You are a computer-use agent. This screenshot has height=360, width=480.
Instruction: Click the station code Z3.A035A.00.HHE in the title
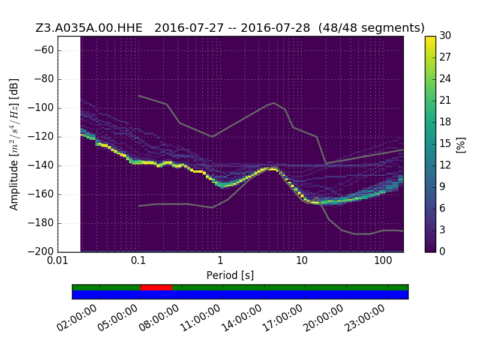[x=89, y=28]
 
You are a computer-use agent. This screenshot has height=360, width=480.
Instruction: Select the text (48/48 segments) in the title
[x=371, y=28]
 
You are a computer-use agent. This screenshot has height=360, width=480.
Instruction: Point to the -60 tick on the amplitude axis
[x=44, y=50]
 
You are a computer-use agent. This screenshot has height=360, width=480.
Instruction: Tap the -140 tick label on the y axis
[x=41, y=166]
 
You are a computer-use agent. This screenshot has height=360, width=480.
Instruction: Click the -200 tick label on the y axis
[x=41, y=251]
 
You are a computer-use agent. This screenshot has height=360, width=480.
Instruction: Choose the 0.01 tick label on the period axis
[x=58, y=260]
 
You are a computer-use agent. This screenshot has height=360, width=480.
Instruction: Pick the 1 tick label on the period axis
[x=220, y=260]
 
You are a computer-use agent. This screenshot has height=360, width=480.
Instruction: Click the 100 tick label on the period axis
[x=383, y=260]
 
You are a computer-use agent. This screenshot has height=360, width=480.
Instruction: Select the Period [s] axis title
[x=230, y=275]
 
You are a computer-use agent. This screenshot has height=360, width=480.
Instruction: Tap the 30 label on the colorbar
[x=445, y=35]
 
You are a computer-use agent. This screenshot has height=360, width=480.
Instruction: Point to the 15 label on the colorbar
[x=445, y=143]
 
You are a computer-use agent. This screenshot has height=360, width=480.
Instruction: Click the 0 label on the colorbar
[x=442, y=251]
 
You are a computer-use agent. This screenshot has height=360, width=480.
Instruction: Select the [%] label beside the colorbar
[x=460, y=145]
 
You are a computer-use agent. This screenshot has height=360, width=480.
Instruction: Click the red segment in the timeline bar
[x=156, y=287]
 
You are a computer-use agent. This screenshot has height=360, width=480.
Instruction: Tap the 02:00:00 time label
[x=77, y=318]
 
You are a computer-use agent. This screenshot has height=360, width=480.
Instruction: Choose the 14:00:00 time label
[x=241, y=318]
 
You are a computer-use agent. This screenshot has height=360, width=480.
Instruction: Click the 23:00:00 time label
[x=364, y=318]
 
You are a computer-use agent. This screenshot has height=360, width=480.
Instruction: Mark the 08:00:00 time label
[x=159, y=318]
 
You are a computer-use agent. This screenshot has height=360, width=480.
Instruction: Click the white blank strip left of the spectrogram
[x=70, y=144]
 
